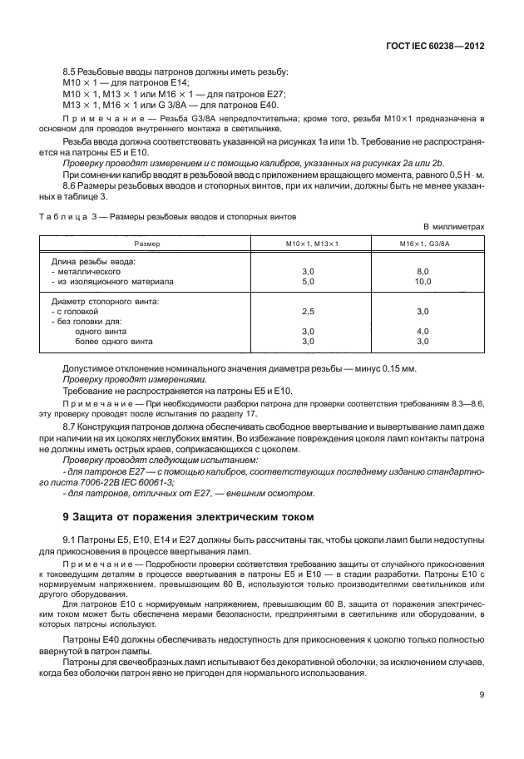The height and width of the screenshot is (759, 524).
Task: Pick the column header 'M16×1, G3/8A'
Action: click(422, 244)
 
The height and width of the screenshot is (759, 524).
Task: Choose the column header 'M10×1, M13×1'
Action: click(307, 244)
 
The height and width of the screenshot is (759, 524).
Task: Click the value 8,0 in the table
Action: click(422, 271)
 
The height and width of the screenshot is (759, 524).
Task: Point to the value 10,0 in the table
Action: click(422, 281)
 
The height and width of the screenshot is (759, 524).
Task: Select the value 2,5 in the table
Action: click(307, 311)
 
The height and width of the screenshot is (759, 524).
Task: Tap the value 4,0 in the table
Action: click(422, 331)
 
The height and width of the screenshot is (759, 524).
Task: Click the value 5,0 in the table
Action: click(307, 281)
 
